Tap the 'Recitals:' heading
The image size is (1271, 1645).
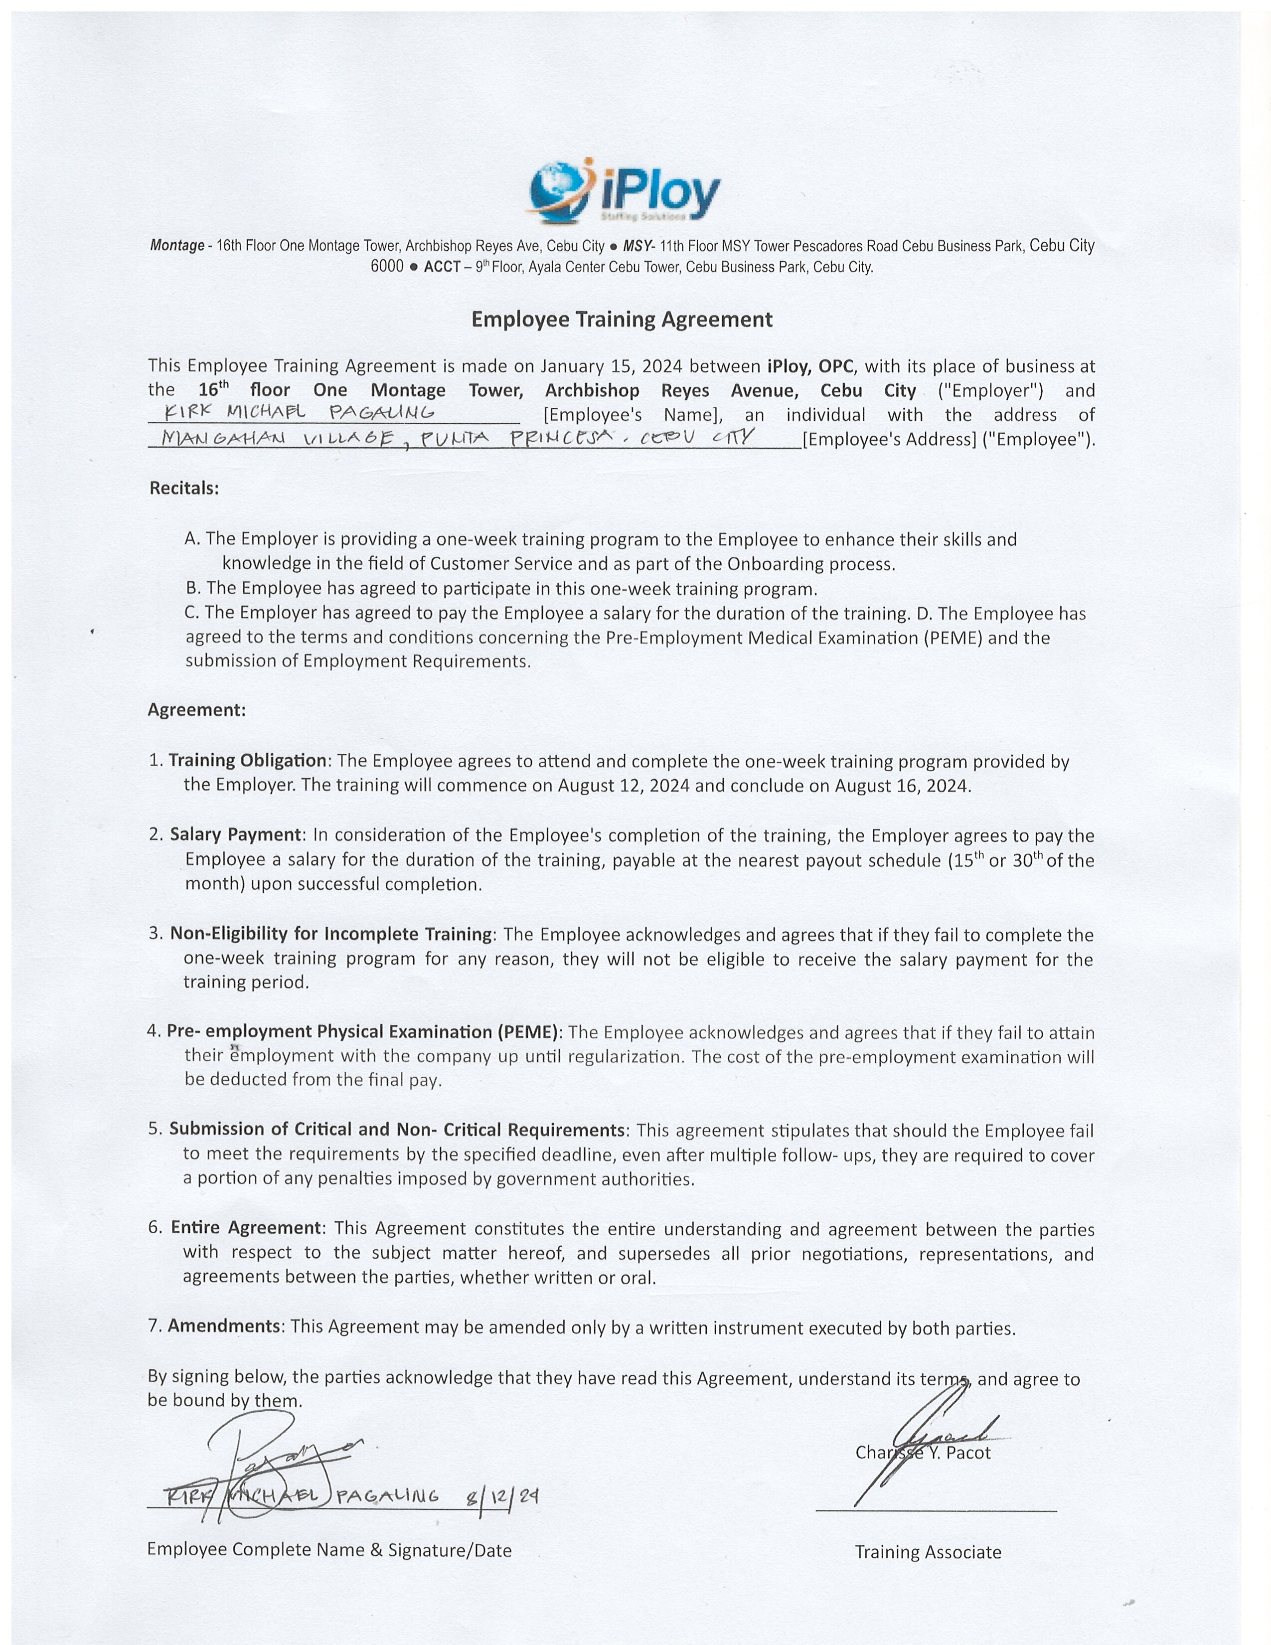184,488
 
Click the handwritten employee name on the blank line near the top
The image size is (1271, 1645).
300,412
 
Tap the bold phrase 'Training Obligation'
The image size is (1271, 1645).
247,760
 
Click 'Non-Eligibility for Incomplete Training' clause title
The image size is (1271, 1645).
330,934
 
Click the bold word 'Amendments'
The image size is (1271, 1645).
224,1325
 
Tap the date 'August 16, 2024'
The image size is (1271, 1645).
901,786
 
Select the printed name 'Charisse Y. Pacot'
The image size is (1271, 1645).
923,1453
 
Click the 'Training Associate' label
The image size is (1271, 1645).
928,1552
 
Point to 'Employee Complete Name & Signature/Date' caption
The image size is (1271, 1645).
329,1549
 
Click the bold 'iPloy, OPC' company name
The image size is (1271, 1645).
810,367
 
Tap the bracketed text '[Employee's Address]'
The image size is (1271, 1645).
889,439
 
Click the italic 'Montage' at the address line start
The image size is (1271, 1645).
177,246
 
